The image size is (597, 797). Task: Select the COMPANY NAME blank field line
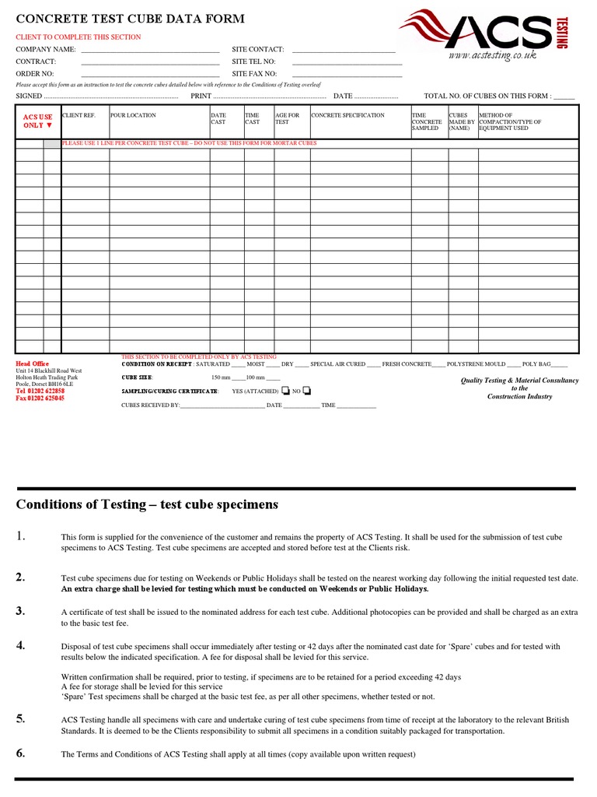[x=150, y=50]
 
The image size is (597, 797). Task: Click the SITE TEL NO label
[x=254, y=61]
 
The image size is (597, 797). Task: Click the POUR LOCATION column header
[x=133, y=115]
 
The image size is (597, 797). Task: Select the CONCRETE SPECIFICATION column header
[x=347, y=115]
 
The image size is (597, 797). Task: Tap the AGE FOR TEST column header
[x=287, y=118]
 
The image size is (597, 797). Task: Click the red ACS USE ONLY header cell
[x=38, y=121]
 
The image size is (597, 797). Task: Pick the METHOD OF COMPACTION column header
[x=510, y=121]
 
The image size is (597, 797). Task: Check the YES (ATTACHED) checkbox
[x=285, y=391]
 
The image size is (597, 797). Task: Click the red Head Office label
[x=33, y=363]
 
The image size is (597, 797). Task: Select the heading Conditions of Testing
[x=147, y=504]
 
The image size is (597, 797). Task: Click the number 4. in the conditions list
[x=21, y=644]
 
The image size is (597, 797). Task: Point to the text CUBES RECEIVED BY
[x=151, y=406]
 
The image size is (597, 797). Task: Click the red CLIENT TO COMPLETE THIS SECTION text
[x=79, y=37]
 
